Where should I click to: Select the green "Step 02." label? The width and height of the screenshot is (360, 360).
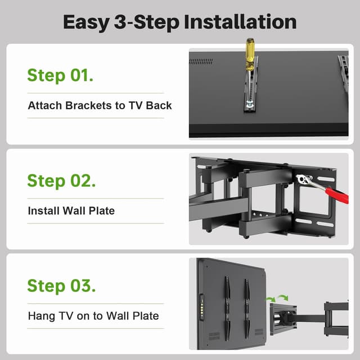[x=61, y=181]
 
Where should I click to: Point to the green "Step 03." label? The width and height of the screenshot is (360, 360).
[x=61, y=285]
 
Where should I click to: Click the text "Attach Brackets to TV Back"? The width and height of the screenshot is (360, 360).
[x=100, y=105]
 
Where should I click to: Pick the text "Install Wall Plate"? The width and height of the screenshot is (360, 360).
[x=71, y=211]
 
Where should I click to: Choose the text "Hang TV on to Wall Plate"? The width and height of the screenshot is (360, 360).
[x=93, y=316]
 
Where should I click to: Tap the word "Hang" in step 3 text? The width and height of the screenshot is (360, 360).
[x=40, y=316]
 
